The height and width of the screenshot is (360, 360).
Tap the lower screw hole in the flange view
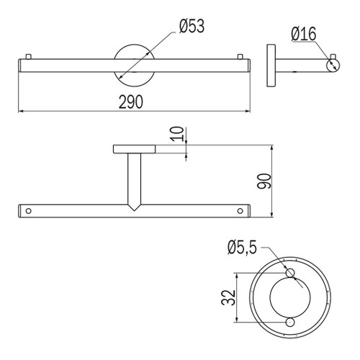point(290,322)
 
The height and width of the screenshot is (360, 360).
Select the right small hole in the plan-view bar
point(239,212)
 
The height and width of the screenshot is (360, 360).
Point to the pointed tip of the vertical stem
point(134,207)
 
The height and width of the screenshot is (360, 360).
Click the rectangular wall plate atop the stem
point(134,150)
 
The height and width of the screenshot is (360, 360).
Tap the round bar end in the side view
point(332,66)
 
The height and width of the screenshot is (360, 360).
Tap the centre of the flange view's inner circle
point(290,298)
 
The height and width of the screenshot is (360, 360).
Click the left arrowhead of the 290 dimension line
point(20,112)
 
